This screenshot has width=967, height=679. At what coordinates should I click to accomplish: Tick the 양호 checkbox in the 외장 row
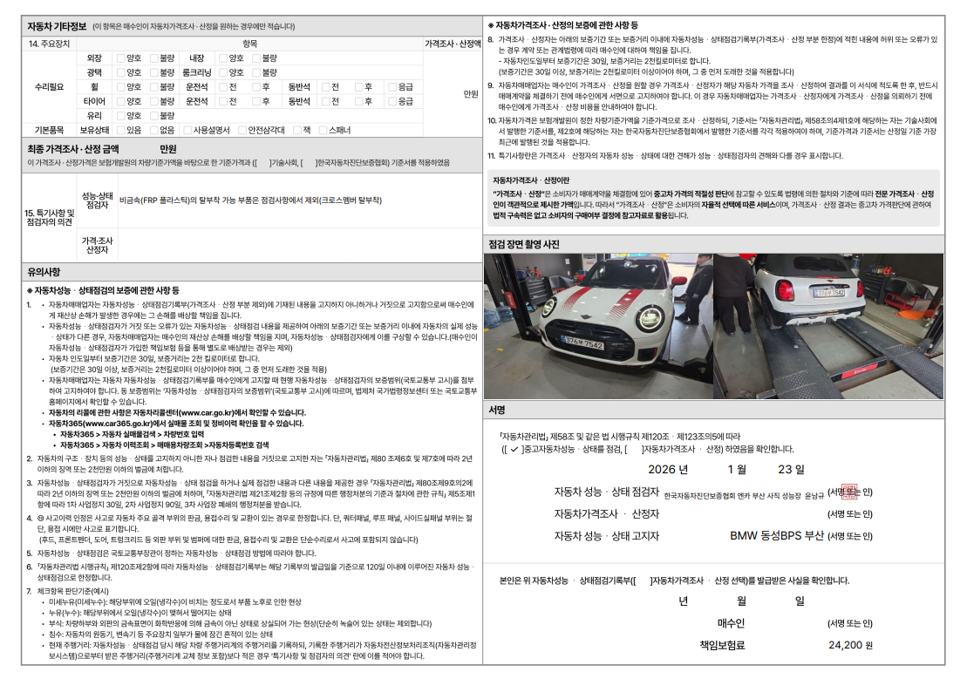point(121,58)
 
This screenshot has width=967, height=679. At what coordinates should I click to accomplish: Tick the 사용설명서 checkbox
point(189,130)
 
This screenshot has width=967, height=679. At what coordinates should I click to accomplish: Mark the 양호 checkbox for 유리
point(121,115)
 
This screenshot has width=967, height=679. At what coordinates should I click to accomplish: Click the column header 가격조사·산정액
point(453,44)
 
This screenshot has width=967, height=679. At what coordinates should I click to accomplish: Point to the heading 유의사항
point(44,272)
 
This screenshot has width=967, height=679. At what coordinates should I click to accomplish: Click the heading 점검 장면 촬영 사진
point(524,244)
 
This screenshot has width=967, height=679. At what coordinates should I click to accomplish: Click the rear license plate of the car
point(829,292)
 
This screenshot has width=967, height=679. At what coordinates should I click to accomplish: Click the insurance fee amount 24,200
point(844,645)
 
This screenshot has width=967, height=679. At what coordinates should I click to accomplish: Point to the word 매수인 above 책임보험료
point(730,623)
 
